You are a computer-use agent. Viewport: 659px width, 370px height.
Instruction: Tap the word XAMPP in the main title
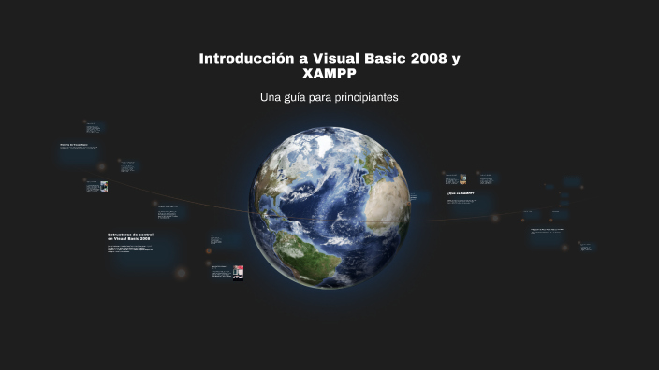pos(329,73)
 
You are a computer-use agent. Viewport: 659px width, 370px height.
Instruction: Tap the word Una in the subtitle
pos(271,97)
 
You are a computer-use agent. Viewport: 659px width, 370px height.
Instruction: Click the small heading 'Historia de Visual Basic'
pos(77,145)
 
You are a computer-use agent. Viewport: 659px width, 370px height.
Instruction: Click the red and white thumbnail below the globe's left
pos(238,272)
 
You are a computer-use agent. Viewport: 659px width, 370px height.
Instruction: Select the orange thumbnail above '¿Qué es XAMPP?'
pos(462,179)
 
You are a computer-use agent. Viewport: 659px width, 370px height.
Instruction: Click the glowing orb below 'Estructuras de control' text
pos(182,273)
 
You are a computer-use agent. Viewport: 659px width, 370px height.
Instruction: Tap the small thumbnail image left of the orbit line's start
pos(104,186)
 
